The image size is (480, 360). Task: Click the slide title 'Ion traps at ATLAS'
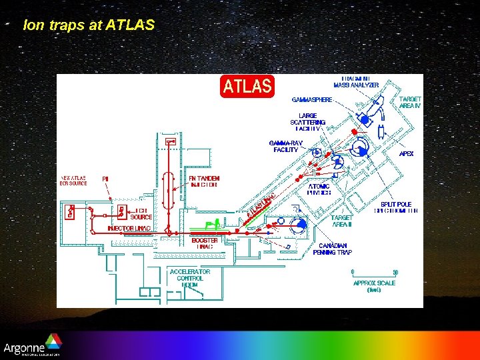(x=89, y=25)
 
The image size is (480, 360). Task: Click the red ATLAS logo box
(x=247, y=86)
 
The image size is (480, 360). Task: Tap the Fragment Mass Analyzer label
(x=356, y=82)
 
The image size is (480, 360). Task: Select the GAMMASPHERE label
(x=312, y=100)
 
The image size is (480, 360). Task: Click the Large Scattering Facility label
(x=307, y=122)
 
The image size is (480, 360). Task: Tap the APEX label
(x=406, y=153)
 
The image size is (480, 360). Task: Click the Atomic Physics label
(x=319, y=189)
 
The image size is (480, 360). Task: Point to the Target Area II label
(x=342, y=221)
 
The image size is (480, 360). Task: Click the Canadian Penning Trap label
(x=333, y=249)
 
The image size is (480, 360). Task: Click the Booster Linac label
(x=205, y=243)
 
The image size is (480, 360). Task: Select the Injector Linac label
(x=129, y=229)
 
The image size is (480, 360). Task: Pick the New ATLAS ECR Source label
(x=74, y=181)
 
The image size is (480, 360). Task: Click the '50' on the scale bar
(x=395, y=272)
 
